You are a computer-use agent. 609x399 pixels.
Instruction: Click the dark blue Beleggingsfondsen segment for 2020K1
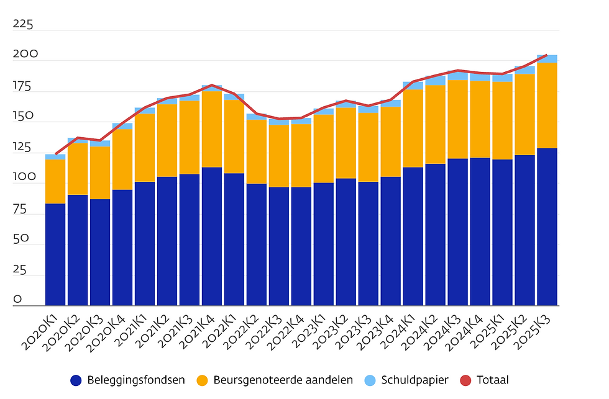point(55,254)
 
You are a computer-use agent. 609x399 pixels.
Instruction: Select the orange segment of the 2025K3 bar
point(547,105)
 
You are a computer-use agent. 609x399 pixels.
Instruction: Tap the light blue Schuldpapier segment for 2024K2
point(435,81)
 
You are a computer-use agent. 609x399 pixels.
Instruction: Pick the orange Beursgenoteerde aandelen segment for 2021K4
point(212,129)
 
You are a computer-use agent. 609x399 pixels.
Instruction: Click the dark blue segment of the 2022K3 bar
point(279,246)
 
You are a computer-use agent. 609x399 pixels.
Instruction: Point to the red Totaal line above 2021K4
point(212,85)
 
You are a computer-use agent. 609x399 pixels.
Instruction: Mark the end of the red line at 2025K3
point(547,55)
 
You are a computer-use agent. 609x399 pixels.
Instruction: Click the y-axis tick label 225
point(23,25)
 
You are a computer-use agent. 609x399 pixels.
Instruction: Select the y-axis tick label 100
point(23,177)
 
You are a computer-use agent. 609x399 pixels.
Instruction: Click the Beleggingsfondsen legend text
point(136,380)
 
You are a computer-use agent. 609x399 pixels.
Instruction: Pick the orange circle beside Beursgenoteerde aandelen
point(203,380)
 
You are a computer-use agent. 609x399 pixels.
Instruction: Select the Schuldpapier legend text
point(414,380)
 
